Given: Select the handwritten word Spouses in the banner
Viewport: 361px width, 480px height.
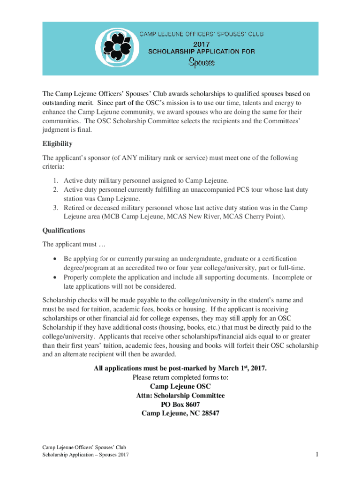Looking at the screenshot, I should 202,62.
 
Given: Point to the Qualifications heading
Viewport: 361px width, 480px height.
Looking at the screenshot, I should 64,231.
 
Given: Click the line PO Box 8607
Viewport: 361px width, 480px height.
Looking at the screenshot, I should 180,405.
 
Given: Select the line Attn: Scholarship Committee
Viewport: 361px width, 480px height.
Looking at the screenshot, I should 180,396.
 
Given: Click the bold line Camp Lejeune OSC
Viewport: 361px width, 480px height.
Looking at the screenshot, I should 180,386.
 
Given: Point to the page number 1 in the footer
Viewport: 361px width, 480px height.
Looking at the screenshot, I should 317,454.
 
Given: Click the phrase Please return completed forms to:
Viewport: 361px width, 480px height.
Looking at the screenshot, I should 180,377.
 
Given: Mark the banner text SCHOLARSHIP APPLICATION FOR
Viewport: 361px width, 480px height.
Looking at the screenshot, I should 202,52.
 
